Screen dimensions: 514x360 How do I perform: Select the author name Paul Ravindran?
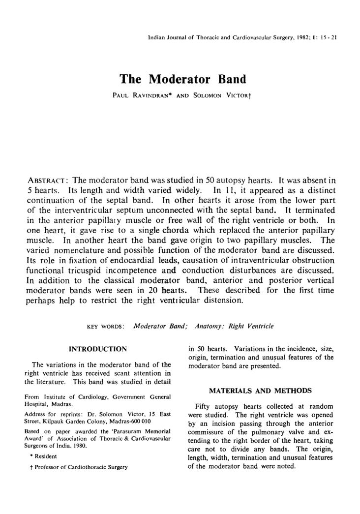pos(141,93)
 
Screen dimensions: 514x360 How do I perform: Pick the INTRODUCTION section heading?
pos(98,349)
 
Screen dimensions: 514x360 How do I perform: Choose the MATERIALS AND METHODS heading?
pos(261,391)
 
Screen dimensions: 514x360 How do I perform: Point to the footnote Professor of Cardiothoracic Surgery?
pos(78,467)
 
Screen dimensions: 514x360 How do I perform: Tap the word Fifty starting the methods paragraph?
pos(204,407)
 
